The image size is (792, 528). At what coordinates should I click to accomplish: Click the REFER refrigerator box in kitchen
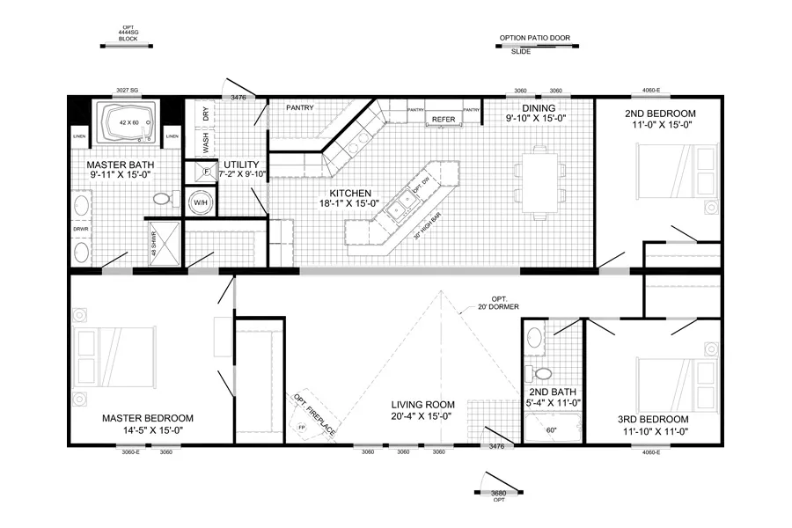[x=441, y=118]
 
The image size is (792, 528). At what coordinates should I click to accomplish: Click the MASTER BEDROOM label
[x=147, y=418]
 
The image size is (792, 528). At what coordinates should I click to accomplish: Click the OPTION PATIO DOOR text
[x=534, y=39]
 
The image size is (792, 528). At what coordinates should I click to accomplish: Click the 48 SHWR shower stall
[x=164, y=241]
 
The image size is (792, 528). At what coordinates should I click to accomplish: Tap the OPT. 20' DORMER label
[x=499, y=302]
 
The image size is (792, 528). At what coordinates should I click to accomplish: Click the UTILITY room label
[x=240, y=165]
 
